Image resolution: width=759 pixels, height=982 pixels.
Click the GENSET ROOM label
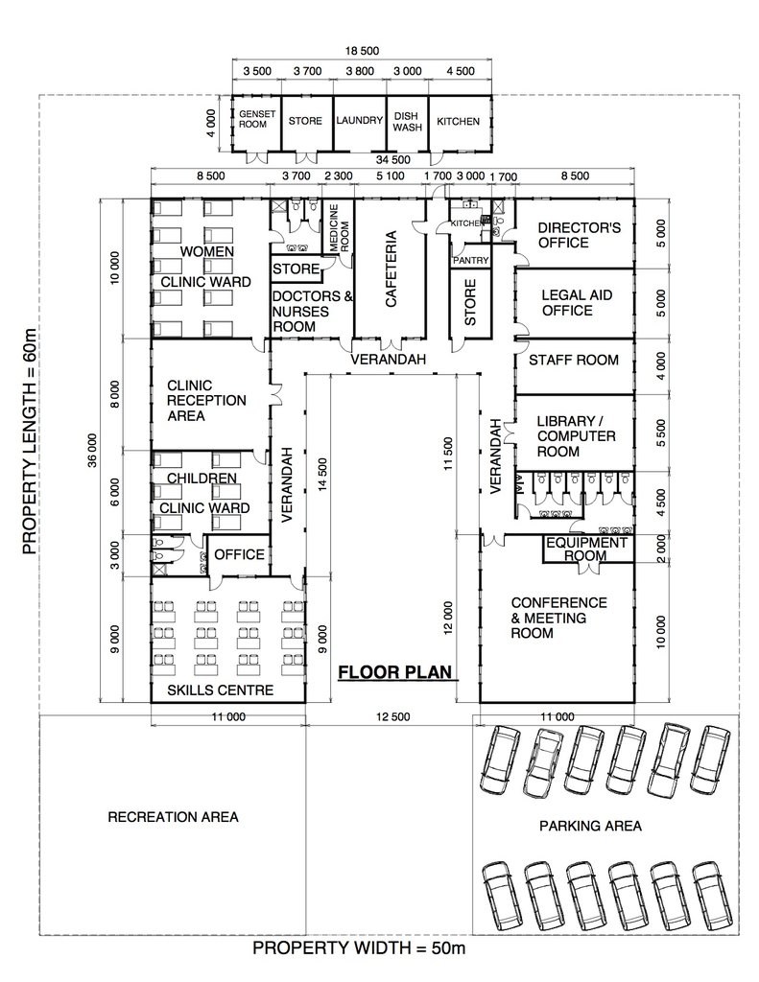pos(257,119)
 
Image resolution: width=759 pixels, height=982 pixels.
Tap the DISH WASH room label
pos(408,122)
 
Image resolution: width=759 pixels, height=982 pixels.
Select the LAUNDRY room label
pos(359,120)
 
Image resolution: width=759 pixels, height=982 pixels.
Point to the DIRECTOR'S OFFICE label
pos(580,235)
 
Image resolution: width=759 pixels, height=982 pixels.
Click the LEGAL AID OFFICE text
pos(577,302)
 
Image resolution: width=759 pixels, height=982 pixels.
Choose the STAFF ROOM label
pos(574,361)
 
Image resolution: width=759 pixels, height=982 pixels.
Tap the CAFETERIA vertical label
pos(391,269)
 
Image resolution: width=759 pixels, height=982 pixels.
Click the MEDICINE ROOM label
pos(339,228)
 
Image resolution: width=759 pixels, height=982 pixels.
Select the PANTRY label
pos(470,260)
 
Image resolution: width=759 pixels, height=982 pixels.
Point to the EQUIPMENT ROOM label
pos(586,549)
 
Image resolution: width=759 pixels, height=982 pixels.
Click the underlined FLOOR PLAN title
pos(395,672)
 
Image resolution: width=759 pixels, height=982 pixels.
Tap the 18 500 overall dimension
pos(362,51)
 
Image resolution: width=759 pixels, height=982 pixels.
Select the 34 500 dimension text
pos(393,160)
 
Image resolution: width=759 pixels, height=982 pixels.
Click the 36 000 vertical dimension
pos(93,451)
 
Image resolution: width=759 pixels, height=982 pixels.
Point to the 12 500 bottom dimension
pos(393,716)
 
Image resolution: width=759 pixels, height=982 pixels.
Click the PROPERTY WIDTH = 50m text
pos(359,948)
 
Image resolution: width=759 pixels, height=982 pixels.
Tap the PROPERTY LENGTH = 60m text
pos(30,441)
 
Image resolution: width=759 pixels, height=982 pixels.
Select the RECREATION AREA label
pos(173,817)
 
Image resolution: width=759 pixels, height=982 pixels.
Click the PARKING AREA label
pos(590,826)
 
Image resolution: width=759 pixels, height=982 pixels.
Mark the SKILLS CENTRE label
pos(220,690)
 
